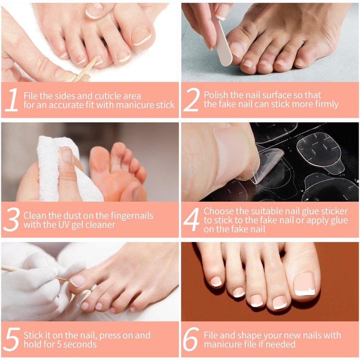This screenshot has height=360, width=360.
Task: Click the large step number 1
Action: tap(12, 100)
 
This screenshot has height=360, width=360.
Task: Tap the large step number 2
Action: tap(192, 100)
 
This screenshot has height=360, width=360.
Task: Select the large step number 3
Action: tap(12, 220)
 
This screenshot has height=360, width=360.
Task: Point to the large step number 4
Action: tap(192, 220)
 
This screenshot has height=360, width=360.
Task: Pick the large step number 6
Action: tap(190, 339)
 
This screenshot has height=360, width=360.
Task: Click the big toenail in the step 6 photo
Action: tap(305, 284)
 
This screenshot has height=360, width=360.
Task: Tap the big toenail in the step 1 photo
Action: tap(141, 36)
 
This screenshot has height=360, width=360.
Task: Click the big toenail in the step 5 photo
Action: tap(78, 281)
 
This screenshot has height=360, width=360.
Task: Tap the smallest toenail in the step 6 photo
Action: tap(216, 282)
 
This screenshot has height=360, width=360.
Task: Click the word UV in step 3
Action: tap(63, 225)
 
